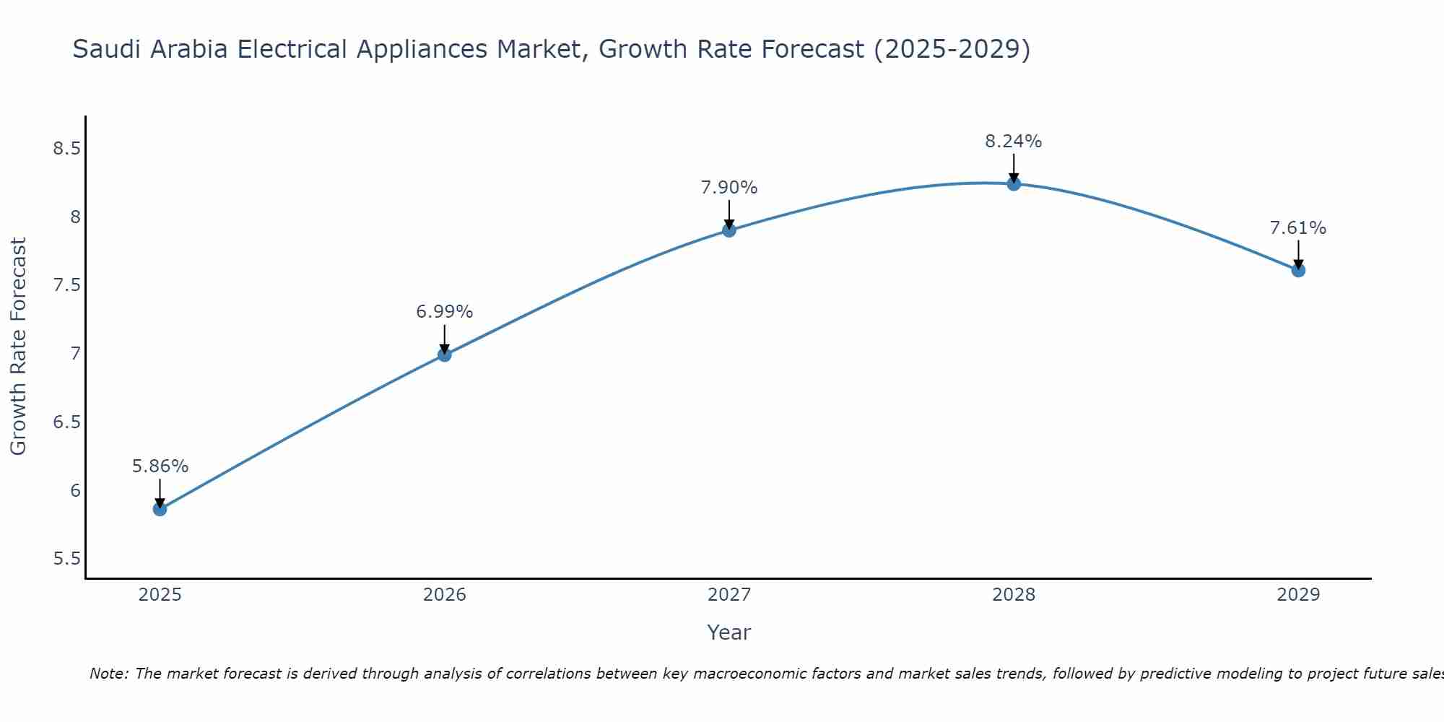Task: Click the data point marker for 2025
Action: point(160,509)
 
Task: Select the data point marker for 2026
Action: point(444,355)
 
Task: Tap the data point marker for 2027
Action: point(729,230)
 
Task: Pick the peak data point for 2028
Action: point(1014,183)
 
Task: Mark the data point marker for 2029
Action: point(1298,270)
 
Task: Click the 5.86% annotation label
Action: point(160,466)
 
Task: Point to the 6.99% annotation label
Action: point(444,312)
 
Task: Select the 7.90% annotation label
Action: point(729,188)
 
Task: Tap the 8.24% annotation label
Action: point(1014,142)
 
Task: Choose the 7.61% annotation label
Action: point(1298,228)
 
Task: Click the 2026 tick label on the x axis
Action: point(444,595)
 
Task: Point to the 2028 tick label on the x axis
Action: point(1014,595)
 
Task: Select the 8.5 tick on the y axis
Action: point(66,149)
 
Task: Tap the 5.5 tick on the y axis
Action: point(66,560)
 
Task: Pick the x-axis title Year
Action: point(729,632)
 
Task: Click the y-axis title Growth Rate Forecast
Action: point(18,347)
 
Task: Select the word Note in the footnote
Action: point(108,674)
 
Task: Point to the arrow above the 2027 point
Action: point(729,214)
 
